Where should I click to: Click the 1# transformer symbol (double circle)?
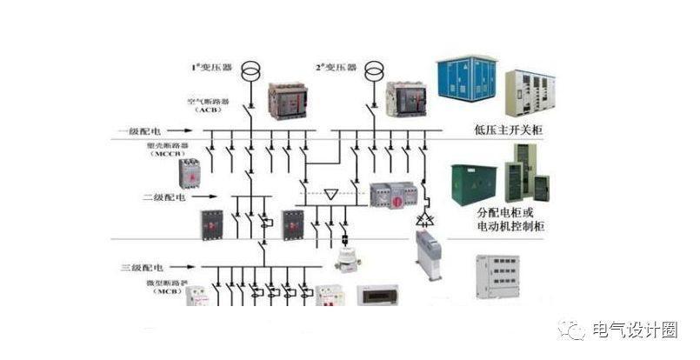point(250,70)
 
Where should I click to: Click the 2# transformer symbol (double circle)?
point(374,70)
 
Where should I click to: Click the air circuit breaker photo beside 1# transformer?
point(287,101)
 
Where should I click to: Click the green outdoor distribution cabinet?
point(474,183)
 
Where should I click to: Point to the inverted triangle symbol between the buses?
point(330,192)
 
